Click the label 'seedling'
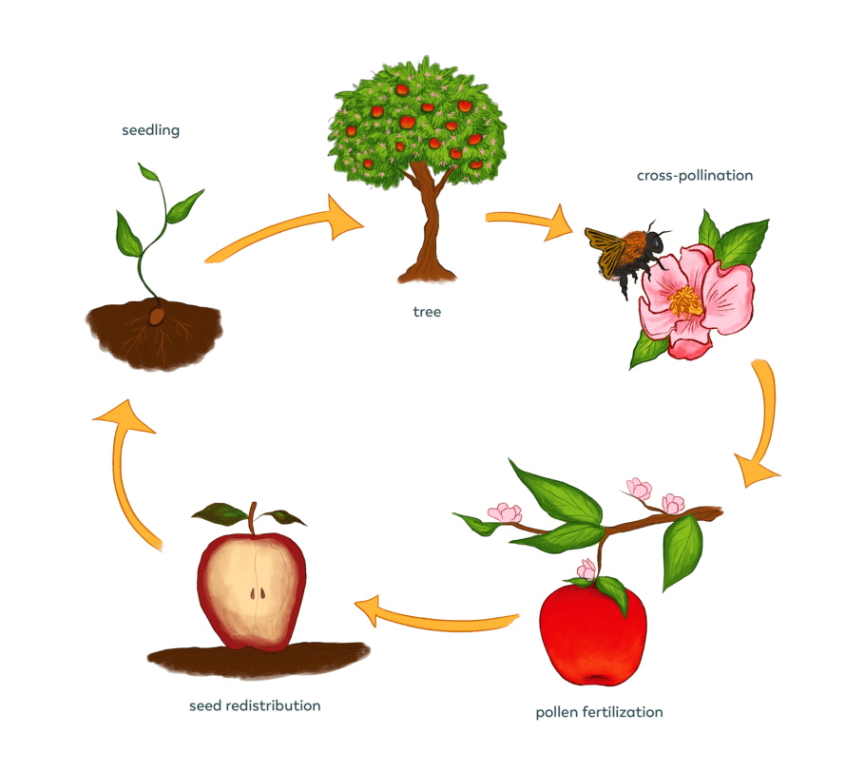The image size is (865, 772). tap(150, 130)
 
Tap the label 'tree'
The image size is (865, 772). tap(427, 311)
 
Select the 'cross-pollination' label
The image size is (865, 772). tap(695, 176)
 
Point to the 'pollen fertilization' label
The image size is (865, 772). tap(599, 711)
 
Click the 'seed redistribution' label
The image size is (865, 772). tap(255, 705)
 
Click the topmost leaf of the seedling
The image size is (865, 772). tap(148, 174)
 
